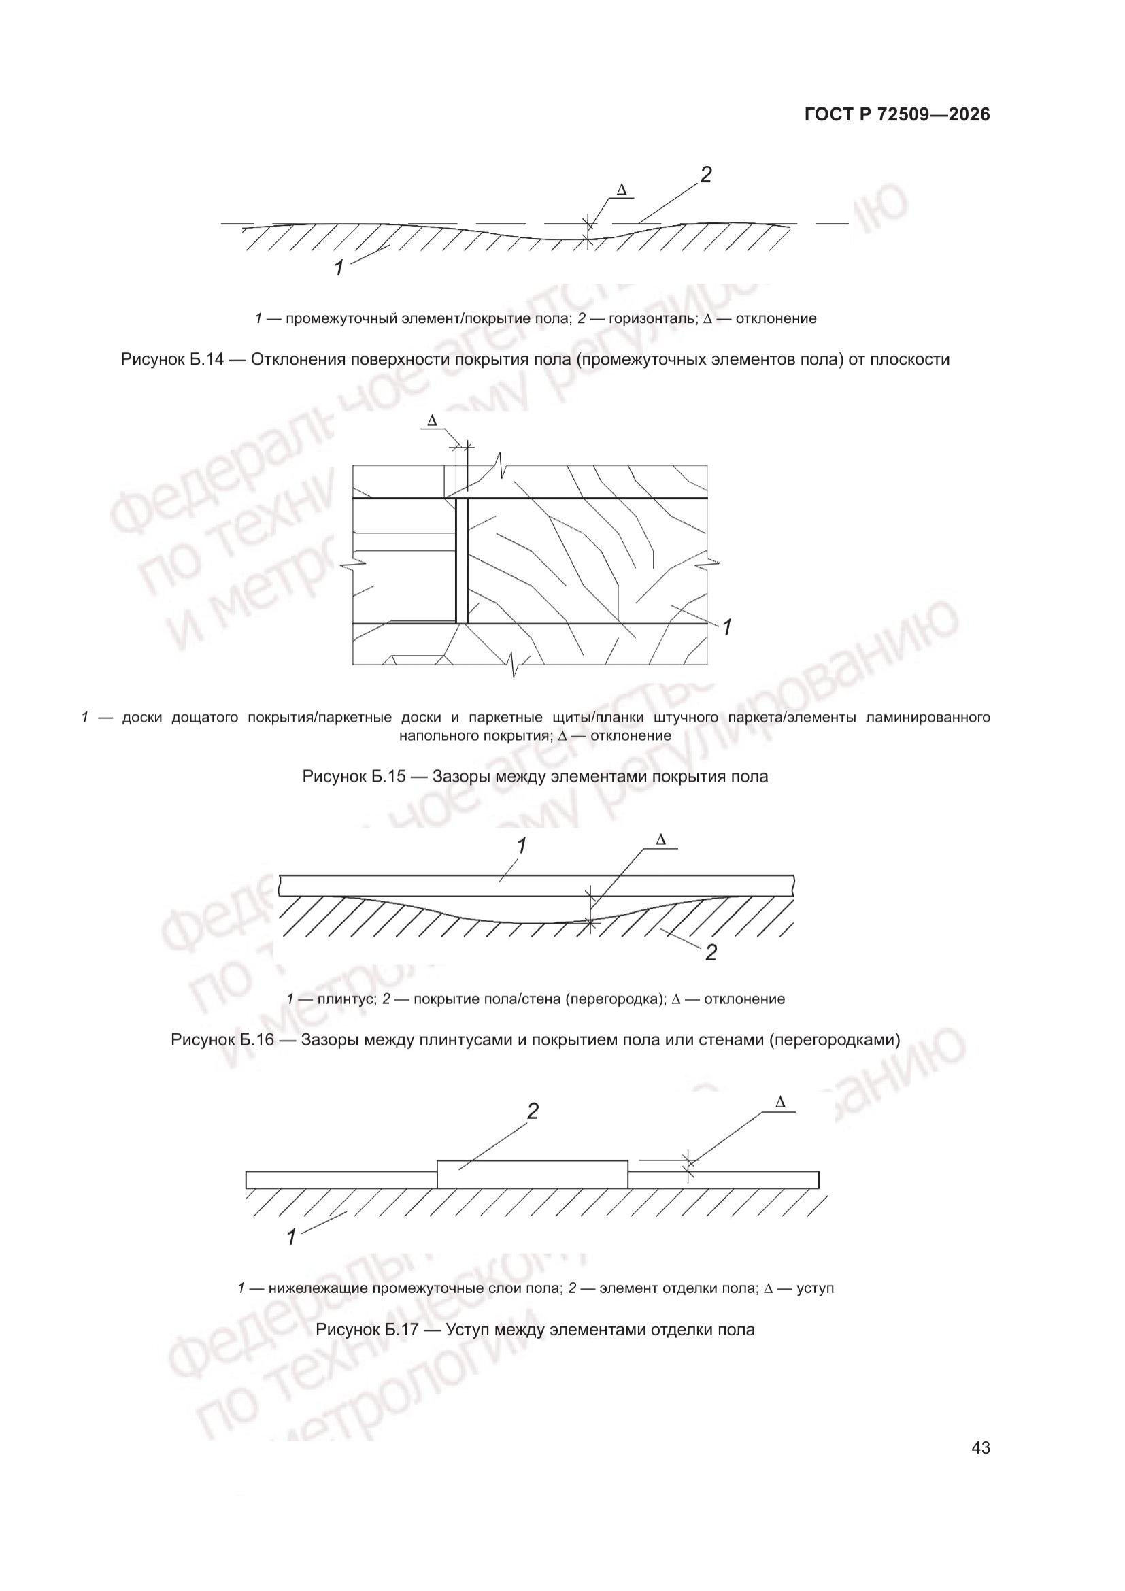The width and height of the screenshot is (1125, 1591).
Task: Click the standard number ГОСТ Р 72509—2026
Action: click(897, 115)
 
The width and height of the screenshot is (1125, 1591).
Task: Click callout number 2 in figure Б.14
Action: click(705, 175)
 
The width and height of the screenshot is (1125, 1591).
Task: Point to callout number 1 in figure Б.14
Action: click(339, 268)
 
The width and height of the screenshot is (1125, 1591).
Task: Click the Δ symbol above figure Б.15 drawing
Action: click(433, 420)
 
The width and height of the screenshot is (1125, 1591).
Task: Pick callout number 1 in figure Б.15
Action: click(726, 628)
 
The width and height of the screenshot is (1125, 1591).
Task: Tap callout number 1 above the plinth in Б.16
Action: click(522, 846)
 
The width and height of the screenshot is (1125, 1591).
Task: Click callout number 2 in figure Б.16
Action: click(711, 953)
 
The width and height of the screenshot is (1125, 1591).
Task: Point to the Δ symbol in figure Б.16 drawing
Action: click(660, 839)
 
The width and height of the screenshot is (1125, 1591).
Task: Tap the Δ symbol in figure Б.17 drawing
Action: click(780, 1102)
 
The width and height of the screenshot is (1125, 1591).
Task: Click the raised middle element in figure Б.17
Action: click(532, 1173)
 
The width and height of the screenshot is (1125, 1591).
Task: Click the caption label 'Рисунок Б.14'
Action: click(173, 360)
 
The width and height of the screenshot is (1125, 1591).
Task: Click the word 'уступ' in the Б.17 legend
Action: click(816, 1288)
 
